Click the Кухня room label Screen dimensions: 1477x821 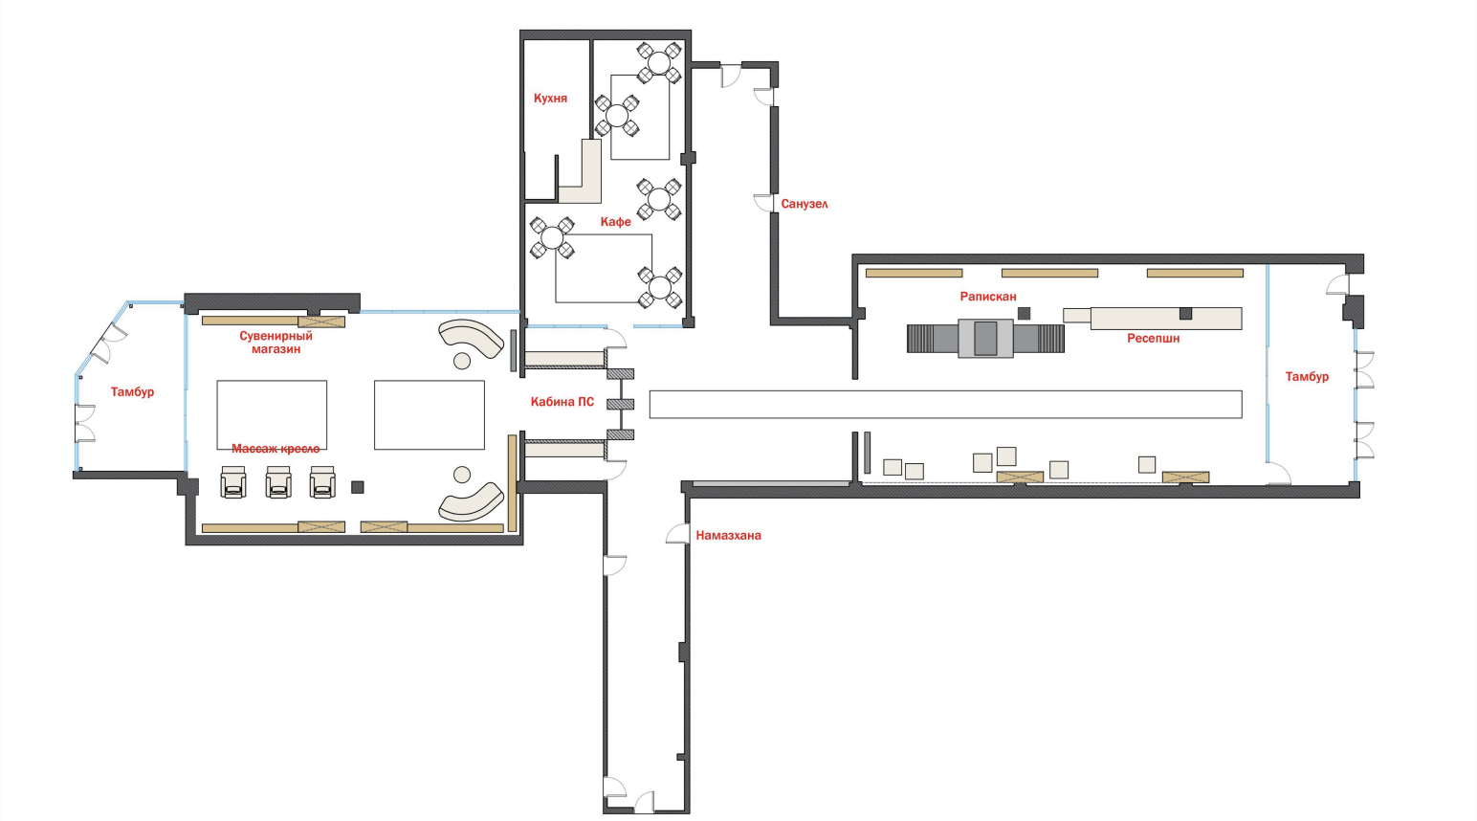(550, 99)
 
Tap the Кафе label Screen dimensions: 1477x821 (615, 222)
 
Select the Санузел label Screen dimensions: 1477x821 (804, 204)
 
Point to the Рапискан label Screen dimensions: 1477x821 (988, 297)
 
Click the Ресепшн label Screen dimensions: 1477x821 (1153, 339)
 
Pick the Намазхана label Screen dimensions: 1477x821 (728, 536)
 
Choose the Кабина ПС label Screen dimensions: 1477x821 (562, 402)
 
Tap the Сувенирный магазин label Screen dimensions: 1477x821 (276, 343)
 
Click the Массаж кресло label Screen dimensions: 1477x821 (276, 449)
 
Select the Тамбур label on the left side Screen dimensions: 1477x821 (132, 391)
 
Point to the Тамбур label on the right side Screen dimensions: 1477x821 (1306, 377)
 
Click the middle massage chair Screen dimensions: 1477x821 (278, 481)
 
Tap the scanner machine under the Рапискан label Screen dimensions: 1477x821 (985, 339)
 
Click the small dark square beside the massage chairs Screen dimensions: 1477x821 (358, 487)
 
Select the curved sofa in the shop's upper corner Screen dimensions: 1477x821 (471, 339)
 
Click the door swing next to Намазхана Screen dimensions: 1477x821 (677, 534)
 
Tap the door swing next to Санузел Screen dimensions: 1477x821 (763, 203)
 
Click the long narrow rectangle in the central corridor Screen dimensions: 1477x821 (945, 404)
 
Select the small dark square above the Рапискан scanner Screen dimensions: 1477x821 (1024, 313)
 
